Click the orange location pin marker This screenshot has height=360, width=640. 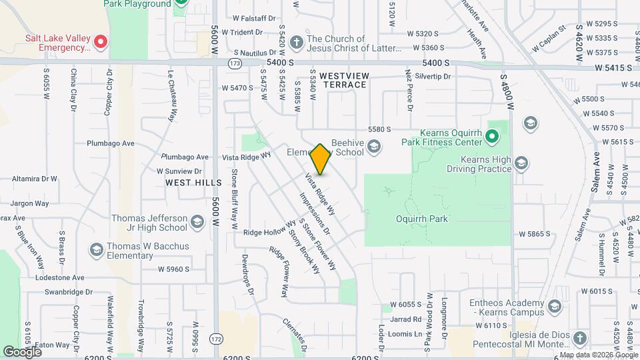(321, 160)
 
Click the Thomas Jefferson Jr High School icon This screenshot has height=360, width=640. (197, 221)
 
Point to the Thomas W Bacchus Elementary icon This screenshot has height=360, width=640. (96, 250)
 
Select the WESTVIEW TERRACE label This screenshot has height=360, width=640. (343, 81)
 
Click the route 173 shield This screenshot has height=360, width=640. (235, 63)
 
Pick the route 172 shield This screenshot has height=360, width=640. (216, 339)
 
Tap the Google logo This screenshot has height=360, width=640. (22, 351)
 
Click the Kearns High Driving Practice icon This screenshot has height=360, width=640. (521, 163)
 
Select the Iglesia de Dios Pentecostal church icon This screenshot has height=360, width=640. (579, 337)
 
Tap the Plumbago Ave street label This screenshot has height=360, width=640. (111, 143)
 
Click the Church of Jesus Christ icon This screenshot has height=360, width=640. (296, 43)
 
